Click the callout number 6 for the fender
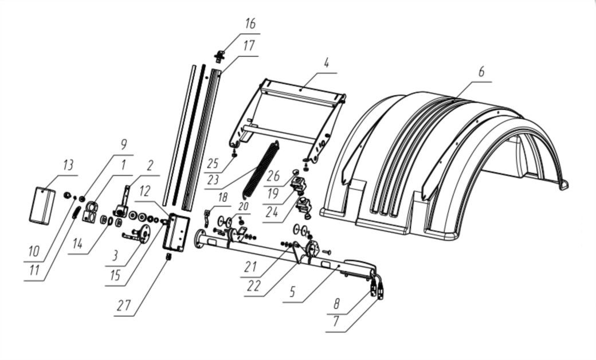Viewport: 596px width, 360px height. pyautogui.click(x=481, y=72)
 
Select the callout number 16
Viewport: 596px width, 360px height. pyautogui.click(x=250, y=24)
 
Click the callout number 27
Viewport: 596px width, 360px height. pyautogui.click(x=124, y=305)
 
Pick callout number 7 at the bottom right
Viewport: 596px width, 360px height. pyautogui.click(x=336, y=322)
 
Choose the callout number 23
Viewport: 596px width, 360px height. pyautogui.click(x=213, y=179)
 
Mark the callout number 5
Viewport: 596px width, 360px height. pyautogui.click(x=292, y=292)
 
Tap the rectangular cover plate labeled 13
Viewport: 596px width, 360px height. pyautogui.click(x=42, y=205)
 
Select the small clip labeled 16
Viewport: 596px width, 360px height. pyautogui.click(x=219, y=57)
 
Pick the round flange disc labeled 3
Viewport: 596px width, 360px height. pyautogui.click(x=144, y=233)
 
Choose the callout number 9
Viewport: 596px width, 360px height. pyautogui.click(x=123, y=144)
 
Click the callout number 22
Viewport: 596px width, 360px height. pyautogui.click(x=253, y=286)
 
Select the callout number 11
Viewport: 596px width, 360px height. pyautogui.click(x=34, y=270)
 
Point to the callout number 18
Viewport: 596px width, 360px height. pyautogui.click(x=222, y=197)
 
